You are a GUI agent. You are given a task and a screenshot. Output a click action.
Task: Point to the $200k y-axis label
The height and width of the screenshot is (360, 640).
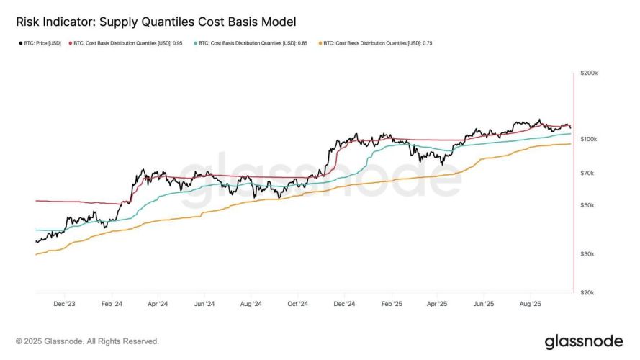pyautogui.click(x=589, y=73)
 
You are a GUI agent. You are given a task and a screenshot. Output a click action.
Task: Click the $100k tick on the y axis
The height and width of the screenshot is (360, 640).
pyautogui.click(x=589, y=138)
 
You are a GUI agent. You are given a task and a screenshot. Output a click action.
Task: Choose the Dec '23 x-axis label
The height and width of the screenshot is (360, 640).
pyautogui.click(x=66, y=304)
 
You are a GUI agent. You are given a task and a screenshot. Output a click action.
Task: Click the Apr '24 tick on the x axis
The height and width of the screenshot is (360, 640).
pyautogui.click(x=158, y=304)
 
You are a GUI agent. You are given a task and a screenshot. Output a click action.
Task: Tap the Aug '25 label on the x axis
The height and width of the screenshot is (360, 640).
pyautogui.click(x=531, y=304)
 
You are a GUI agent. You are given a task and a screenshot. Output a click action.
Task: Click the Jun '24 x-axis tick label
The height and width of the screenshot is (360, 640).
pyautogui.click(x=204, y=304)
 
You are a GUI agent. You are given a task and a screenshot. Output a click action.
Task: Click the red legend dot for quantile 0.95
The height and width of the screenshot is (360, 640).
pyautogui.click(x=70, y=44)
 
